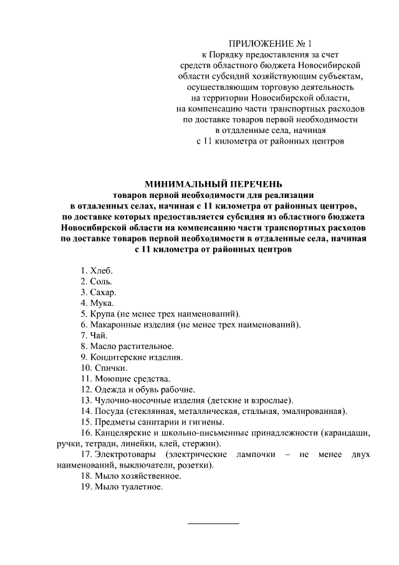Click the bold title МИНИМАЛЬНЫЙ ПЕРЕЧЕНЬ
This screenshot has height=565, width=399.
point(214,184)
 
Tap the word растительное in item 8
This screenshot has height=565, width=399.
point(148,346)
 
